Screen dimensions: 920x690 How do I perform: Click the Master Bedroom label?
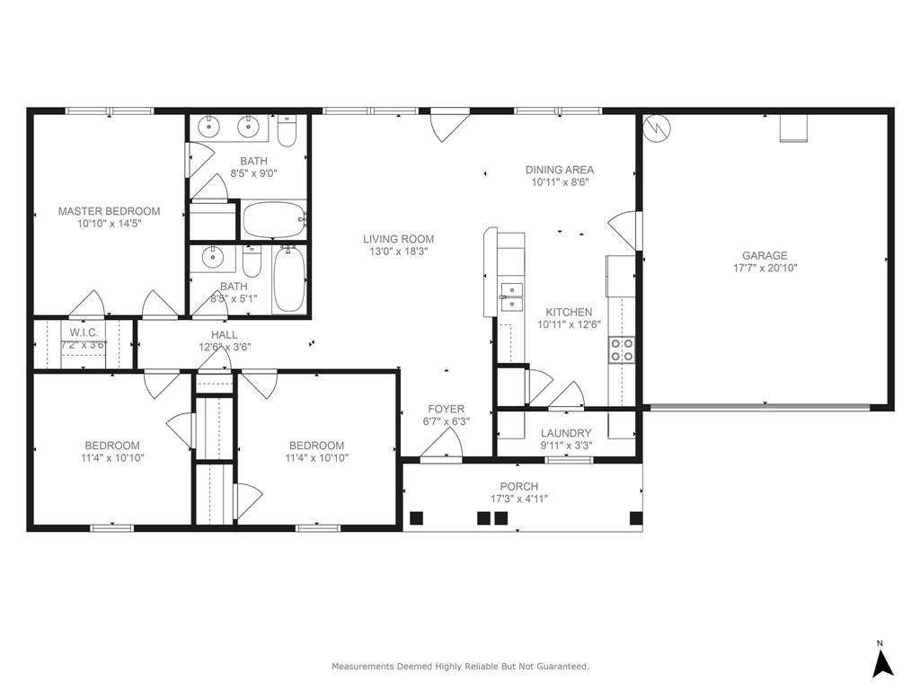point(109,211)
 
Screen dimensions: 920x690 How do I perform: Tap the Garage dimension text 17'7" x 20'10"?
point(765,268)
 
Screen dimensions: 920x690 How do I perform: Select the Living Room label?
point(398,239)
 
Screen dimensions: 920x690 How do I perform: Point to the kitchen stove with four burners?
point(622,349)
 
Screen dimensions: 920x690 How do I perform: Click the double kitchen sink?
point(511,296)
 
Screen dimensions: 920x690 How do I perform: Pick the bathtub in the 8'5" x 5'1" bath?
point(289,279)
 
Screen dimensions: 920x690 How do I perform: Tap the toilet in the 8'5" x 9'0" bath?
point(287,131)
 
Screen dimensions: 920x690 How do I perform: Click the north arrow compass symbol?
point(883,659)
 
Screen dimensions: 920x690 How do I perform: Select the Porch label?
point(518,486)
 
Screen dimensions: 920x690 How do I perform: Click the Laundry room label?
point(566,433)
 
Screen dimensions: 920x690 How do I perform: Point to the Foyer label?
point(446,409)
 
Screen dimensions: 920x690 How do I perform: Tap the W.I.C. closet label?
point(84,332)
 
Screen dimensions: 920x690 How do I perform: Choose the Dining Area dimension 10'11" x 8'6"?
point(560,181)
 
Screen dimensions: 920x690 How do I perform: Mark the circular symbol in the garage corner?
point(658,128)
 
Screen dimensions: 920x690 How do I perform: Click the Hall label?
point(224,334)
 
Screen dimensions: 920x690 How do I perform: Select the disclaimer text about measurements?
point(461,666)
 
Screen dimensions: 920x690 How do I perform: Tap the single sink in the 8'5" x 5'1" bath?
point(210,256)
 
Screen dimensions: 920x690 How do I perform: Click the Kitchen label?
point(569,312)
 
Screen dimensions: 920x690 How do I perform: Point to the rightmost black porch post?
point(635,518)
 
